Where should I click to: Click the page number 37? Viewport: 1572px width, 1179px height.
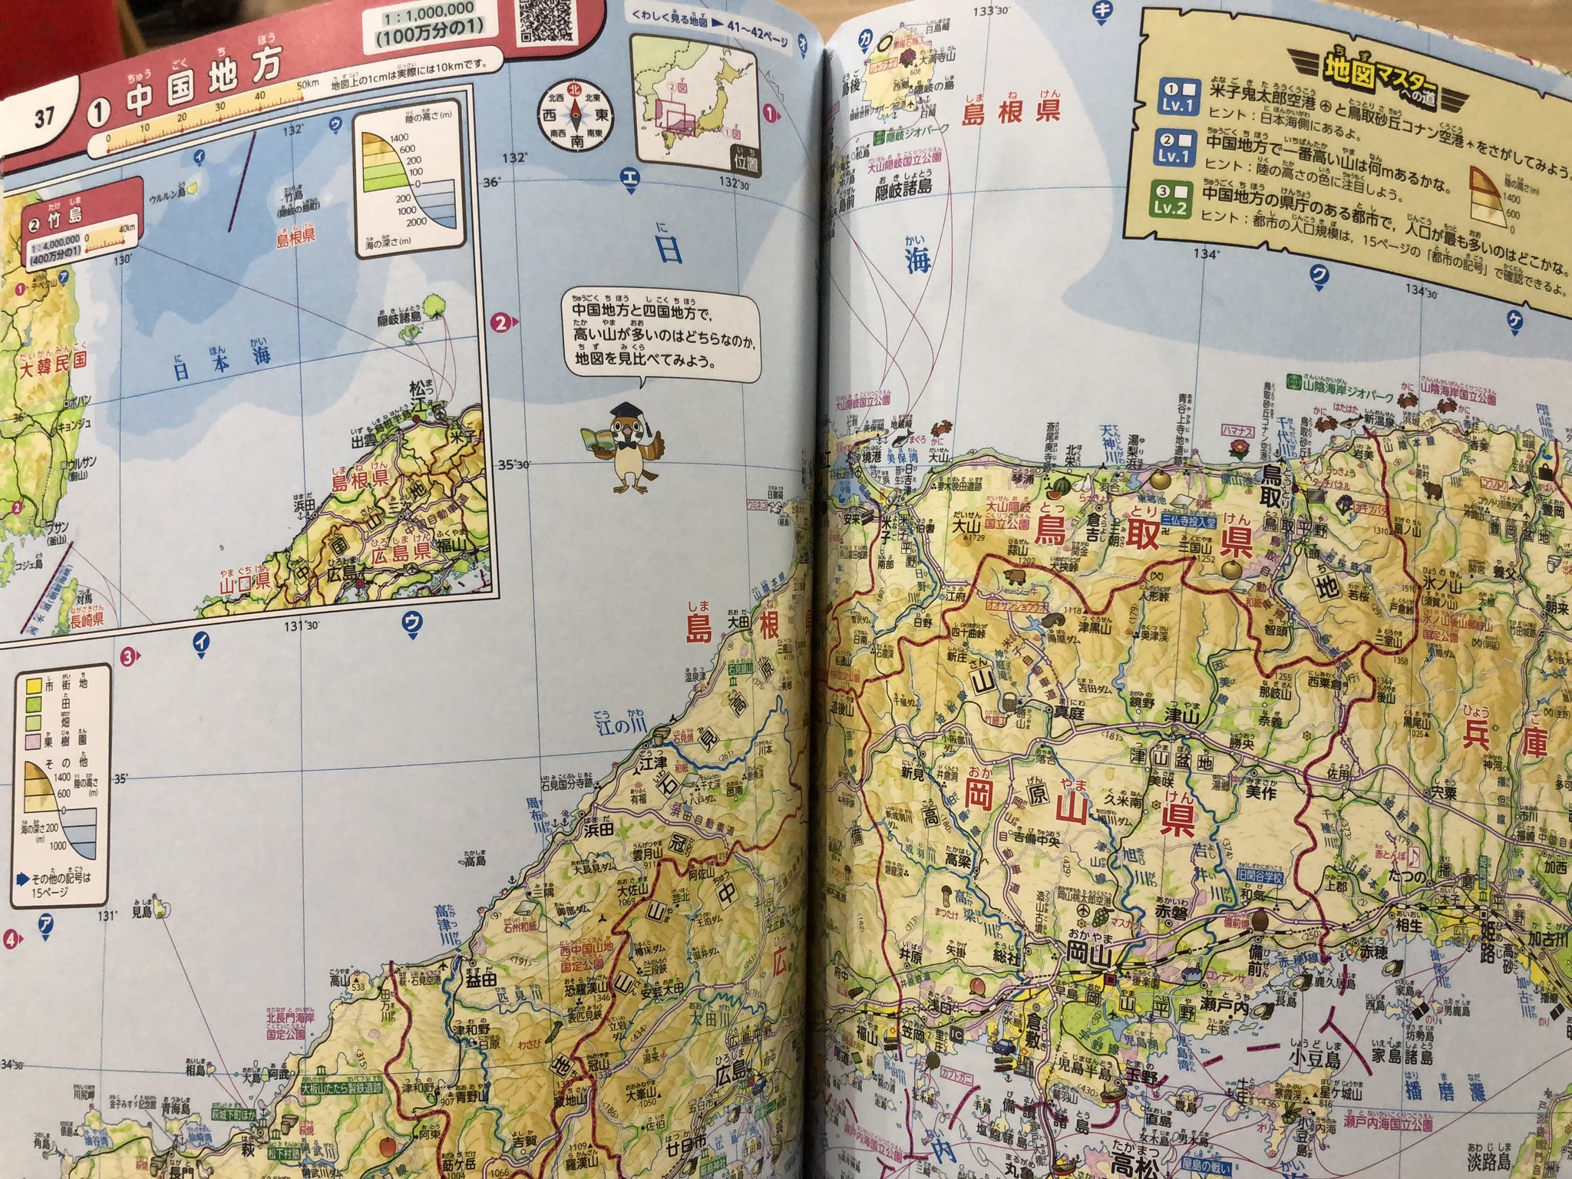[44, 117]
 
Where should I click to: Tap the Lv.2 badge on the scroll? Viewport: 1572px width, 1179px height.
[1171, 201]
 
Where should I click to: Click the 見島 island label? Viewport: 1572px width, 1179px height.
[141, 912]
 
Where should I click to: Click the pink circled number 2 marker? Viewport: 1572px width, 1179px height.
[500, 322]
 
